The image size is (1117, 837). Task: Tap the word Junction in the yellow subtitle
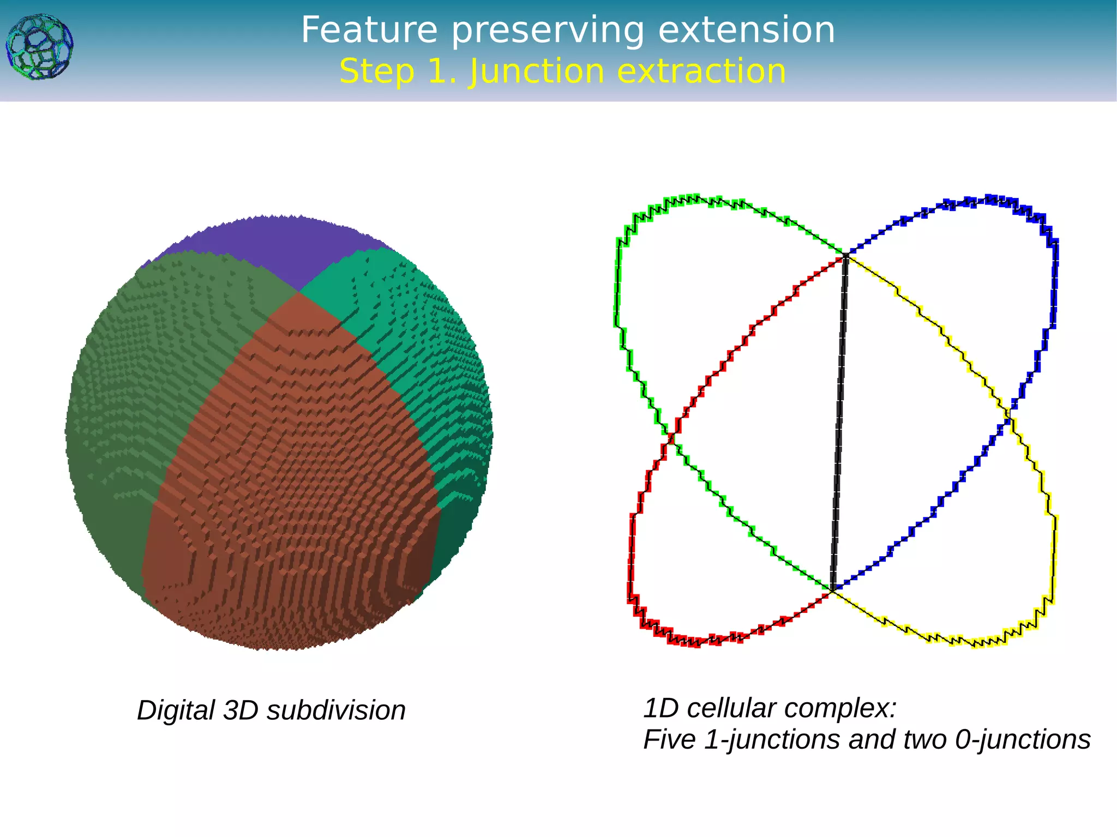pyautogui.click(x=537, y=72)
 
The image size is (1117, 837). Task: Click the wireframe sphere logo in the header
pyautogui.click(x=39, y=47)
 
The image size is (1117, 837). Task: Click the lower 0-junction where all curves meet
pyautogui.click(x=833, y=589)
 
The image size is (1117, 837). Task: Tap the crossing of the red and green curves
pyautogui.click(x=671, y=436)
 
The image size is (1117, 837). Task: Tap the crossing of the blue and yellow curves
pyautogui.click(x=1008, y=418)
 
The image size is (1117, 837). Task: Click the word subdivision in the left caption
pyautogui.click(x=336, y=710)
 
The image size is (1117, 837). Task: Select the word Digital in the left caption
pyautogui.click(x=176, y=710)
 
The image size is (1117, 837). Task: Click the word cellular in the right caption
pyautogui.click(x=731, y=708)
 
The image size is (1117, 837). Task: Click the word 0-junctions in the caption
pyautogui.click(x=1022, y=740)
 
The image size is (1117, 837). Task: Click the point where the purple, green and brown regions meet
pyautogui.click(x=299, y=292)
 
